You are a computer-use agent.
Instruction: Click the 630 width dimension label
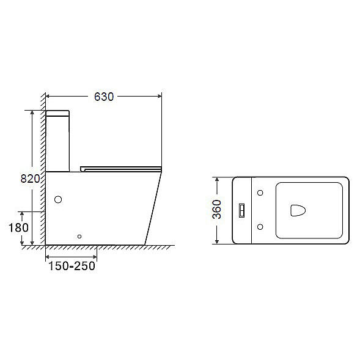[x=104, y=97]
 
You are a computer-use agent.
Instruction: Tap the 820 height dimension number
[x=30, y=178]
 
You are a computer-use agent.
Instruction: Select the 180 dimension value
[x=18, y=228]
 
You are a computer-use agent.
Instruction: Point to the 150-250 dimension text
[x=72, y=266]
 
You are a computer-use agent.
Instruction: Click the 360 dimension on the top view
[x=217, y=209]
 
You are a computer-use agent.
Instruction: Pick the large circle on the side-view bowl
[x=58, y=199]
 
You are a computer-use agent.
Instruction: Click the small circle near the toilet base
[x=79, y=237]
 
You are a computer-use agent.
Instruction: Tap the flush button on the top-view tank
[x=242, y=210]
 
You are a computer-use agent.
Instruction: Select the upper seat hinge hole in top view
[x=260, y=193]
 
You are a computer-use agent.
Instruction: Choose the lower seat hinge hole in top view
[x=260, y=227]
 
